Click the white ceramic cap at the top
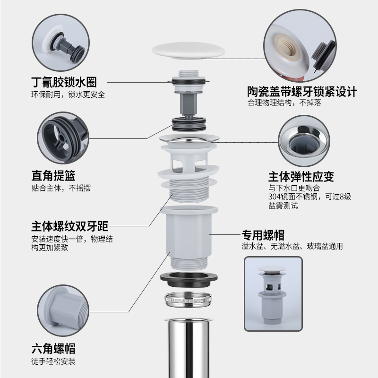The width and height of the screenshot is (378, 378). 189,50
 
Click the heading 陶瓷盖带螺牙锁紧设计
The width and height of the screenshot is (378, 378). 302,91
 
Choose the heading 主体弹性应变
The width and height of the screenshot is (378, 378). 301,177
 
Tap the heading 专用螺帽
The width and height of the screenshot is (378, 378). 263,234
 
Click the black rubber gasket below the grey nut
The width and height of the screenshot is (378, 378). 189,278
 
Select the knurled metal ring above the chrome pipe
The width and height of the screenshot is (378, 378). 189,300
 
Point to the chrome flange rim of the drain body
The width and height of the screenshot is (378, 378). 189,138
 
